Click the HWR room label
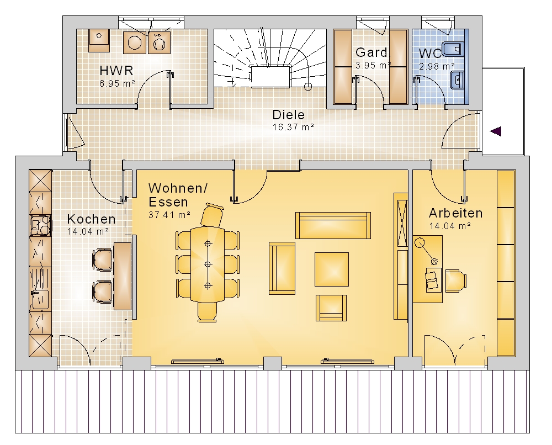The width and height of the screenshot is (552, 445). point(116,71)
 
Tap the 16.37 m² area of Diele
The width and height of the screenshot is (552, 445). point(293,127)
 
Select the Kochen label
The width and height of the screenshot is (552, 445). point(91,219)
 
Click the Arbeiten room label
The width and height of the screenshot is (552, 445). point(455,213)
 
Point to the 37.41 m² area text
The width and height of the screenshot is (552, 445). point(169,214)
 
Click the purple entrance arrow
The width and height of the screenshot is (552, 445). point(496,131)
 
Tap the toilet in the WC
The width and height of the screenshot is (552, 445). point(453,49)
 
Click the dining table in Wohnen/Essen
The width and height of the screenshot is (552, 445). point(208,264)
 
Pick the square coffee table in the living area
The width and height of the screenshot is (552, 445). point(332,269)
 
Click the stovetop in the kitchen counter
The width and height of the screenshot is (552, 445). point(40,225)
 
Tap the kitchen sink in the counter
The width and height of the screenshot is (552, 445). point(40,299)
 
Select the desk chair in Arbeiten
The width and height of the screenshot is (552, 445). point(455,280)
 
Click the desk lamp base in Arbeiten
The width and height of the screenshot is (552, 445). point(420,243)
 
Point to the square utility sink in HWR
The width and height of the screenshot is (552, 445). point(99,41)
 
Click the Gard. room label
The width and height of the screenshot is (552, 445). point(371,52)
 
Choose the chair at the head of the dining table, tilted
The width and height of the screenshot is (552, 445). point(212,215)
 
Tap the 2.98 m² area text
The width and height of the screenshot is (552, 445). point(437,66)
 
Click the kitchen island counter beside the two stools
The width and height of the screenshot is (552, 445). point(122,276)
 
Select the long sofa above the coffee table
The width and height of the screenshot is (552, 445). point(333,225)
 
